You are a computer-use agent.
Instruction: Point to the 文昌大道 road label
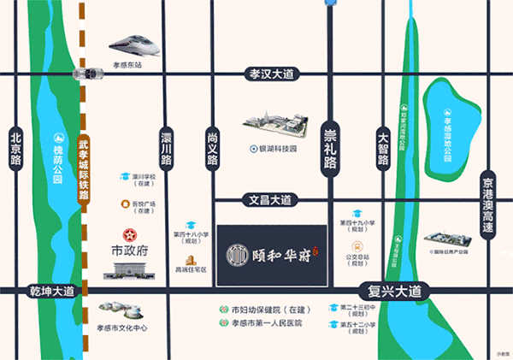(270, 200)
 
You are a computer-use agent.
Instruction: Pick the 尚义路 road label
(214, 147)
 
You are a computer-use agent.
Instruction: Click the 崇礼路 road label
(330, 147)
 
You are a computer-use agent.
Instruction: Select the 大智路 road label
(383, 147)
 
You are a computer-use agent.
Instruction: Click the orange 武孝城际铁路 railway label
(83, 172)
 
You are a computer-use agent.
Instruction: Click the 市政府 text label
(131, 252)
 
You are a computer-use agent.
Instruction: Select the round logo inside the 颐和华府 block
(234, 254)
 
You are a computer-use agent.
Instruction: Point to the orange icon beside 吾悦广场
(126, 204)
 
